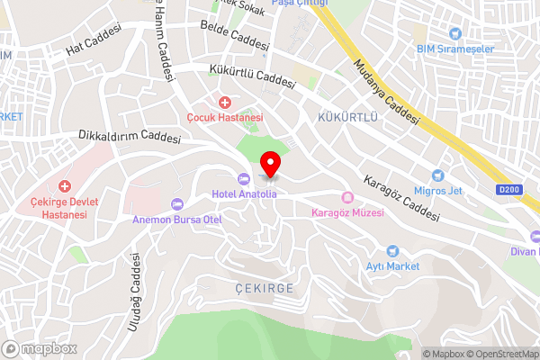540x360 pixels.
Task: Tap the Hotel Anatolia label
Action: (x=244, y=193)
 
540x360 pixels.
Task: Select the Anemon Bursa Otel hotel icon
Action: (x=175, y=202)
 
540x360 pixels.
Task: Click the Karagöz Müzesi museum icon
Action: (x=346, y=198)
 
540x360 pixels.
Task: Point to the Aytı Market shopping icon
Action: (x=391, y=251)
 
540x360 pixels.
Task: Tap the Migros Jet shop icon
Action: (x=438, y=175)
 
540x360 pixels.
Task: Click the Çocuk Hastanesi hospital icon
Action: (x=224, y=103)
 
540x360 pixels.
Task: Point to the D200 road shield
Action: (x=508, y=189)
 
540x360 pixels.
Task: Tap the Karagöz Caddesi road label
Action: (x=401, y=197)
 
